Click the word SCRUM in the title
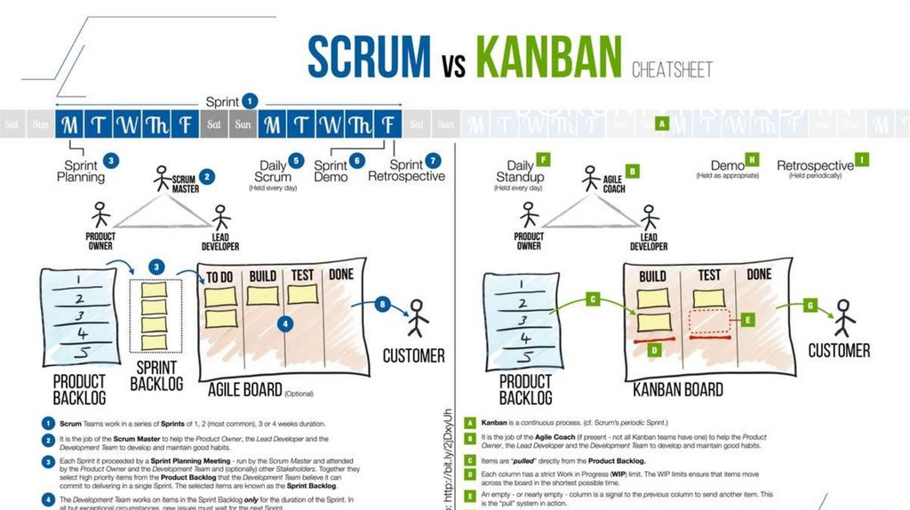pos(369,56)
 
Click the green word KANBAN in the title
pos(547,56)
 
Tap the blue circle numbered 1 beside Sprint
pos(251,101)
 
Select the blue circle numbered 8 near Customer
pos(383,305)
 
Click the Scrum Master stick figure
pos(162,179)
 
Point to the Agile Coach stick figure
pos(589,178)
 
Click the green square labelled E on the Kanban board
pos(747,318)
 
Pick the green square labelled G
pos(810,305)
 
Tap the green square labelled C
pos(592,300)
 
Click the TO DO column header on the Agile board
pos(219,275)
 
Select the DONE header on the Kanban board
pos(759,275)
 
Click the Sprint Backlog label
pos(156,375)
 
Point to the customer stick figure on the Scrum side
pos(418,318)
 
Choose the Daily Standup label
pos(520,171)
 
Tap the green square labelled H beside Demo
pos(752,160)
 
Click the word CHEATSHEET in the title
pos(672,69)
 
